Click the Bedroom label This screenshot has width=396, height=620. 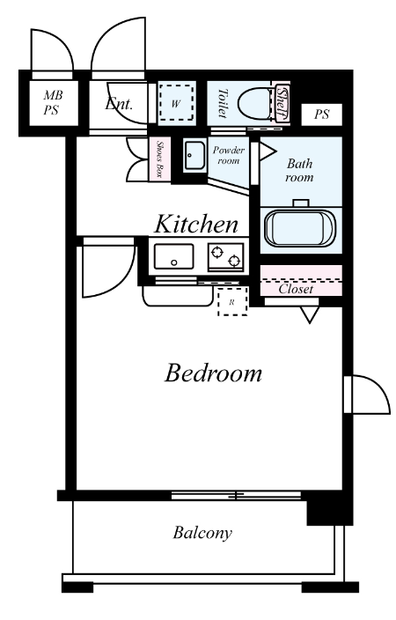click(x=213, y=373)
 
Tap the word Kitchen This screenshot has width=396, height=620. click(x=196, y=225)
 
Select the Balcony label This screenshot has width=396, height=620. click(x=202, y=533)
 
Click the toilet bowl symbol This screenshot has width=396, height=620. click(x=255, y=104)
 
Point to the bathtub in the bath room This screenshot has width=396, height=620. click(x=300, y=229)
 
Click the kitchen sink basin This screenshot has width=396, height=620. click(x=174, y=255)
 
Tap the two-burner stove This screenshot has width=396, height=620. click(x=225, y=257)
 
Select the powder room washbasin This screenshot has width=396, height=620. click(x=194, y=155)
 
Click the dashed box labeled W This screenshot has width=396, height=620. click(x=177, y=103)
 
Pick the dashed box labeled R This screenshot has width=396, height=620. click(x=232, y=302)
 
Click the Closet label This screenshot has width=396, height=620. click(x=296, y=289)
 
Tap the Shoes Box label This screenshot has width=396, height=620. click(x=159, y=159)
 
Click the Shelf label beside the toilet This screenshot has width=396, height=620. click(x=282, y=103)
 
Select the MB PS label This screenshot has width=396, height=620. click(x=53, y=102)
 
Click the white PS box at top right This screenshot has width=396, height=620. click(x=321, y=114)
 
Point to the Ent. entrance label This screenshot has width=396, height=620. click(x=119, y=104)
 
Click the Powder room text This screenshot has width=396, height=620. click(x=229, y=155)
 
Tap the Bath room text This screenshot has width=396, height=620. click(x=299, y=170)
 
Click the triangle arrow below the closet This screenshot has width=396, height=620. click(x=310, y=314)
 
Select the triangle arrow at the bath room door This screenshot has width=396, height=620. click(x=267, y=151)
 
